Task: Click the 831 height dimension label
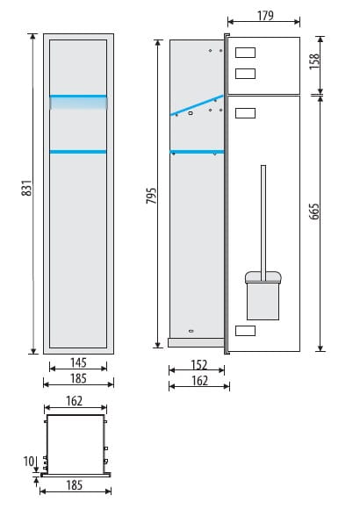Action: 27,188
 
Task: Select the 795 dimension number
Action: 151,196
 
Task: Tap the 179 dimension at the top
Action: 265,16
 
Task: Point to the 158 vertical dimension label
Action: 314,61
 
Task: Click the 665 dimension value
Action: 314,211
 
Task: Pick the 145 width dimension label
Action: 78,362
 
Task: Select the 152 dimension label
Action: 199,365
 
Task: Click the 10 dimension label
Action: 29,461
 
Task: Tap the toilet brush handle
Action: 263,223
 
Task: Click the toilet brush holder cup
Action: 263,296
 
